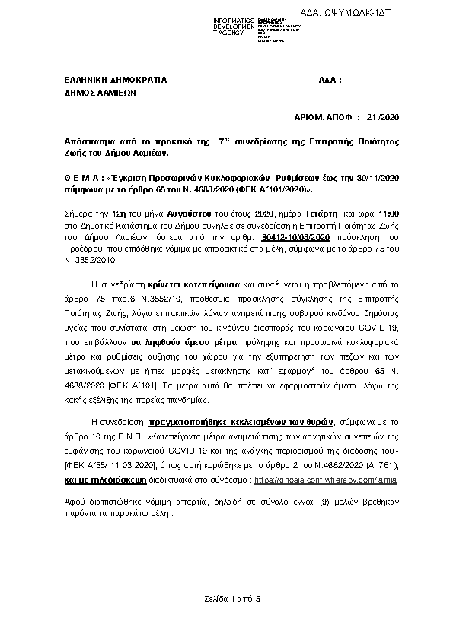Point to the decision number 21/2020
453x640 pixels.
point(381,117)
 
